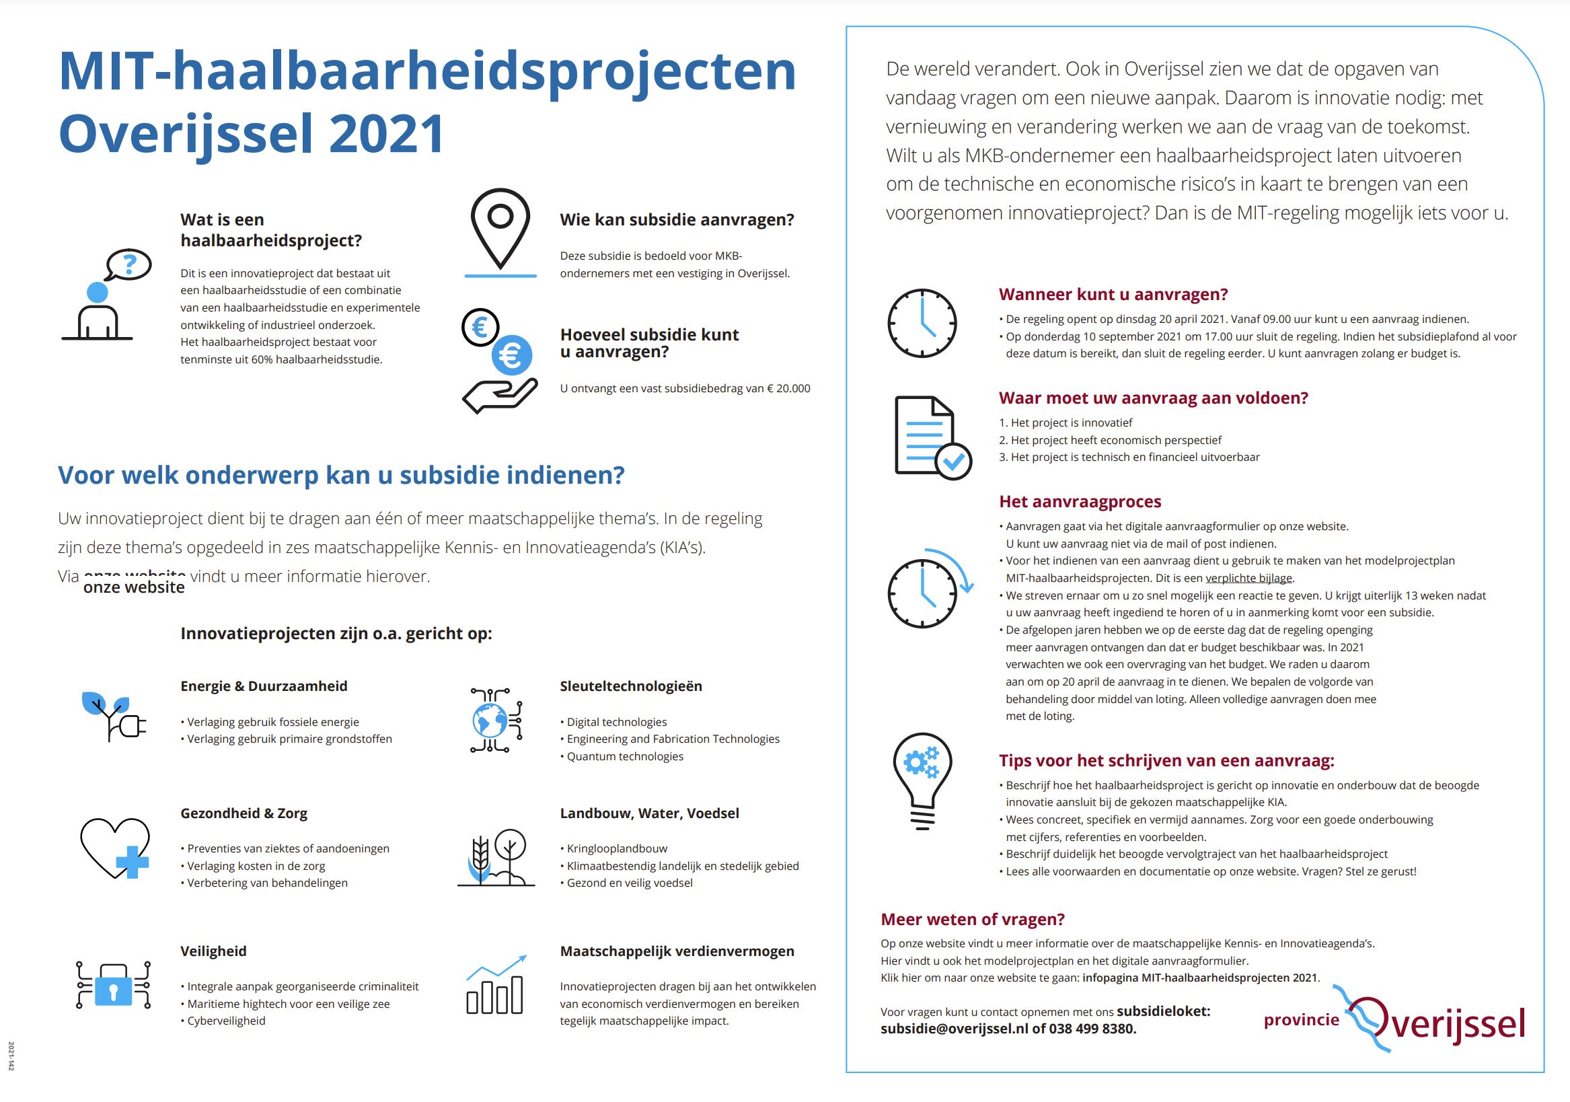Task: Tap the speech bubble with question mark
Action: point(128,264)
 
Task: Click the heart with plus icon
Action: point(115,848)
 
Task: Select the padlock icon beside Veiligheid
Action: point(113,985)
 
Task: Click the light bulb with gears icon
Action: point(922,780)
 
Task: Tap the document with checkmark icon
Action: point(932,438)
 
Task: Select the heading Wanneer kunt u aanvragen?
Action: point(1113,295)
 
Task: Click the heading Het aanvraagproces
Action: point(1080,501)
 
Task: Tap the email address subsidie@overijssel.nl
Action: point(954,1029)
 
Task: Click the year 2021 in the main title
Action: point(387,134)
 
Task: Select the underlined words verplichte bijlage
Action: point(1249,578)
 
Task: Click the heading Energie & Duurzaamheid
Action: point(264,686)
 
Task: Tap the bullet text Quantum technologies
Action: point(625,757)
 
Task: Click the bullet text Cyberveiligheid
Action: point(226,1021)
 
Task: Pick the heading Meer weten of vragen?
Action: point(973,920)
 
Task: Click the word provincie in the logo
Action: point(1301,1020)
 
